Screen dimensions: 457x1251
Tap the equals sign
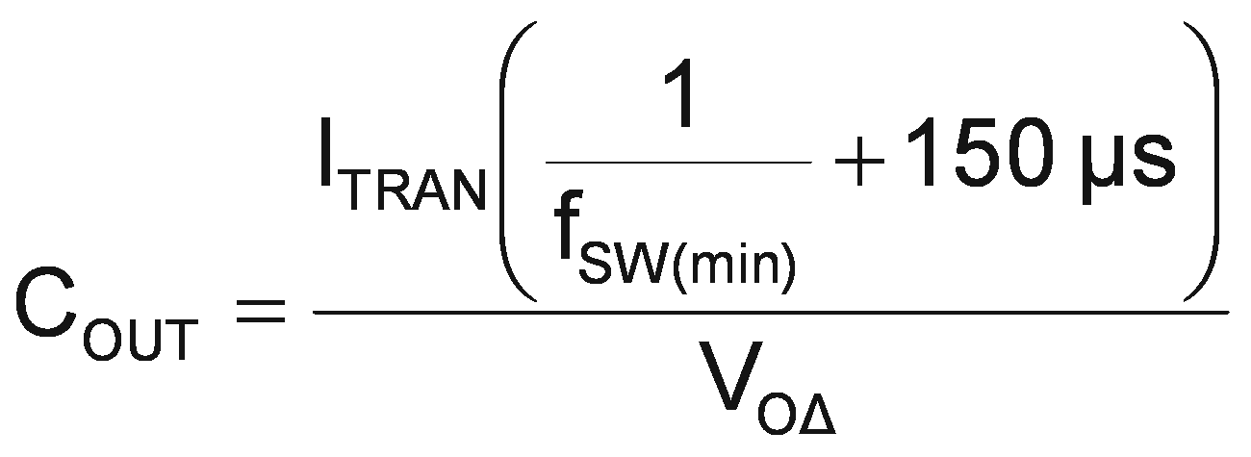pyautogui.click(x=261, y=309)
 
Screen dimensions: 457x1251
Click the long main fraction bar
pyautogui.click(x=770, y=310)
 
